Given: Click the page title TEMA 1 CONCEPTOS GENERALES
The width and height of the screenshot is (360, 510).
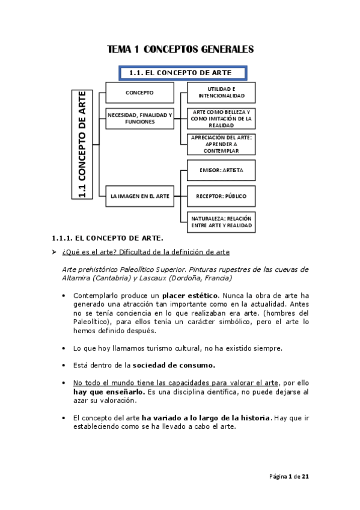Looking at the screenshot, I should click(180, 49).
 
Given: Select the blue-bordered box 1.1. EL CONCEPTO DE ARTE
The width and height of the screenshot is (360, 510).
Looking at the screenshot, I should click(185, 73).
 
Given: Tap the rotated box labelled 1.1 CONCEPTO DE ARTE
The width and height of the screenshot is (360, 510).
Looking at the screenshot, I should click(82, 144).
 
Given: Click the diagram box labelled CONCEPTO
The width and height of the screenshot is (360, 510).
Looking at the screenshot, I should click(139, 93).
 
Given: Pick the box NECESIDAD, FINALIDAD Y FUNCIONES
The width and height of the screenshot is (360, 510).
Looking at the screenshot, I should click(139, 118).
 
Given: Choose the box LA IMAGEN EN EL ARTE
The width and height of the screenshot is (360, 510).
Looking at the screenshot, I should click(139, 196).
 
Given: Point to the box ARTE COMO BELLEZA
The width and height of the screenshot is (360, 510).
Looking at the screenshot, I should click(221, 118).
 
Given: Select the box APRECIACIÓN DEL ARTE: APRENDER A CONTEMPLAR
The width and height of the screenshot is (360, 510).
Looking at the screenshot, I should click(221, 144).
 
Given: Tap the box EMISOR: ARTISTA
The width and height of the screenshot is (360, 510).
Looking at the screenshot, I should click(221, 170).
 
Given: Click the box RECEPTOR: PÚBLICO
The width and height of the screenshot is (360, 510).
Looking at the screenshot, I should click(221, 196).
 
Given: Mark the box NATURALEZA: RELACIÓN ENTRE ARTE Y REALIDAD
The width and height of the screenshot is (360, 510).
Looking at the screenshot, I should click(221, 221).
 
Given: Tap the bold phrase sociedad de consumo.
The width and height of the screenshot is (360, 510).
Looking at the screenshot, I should click(174, 365).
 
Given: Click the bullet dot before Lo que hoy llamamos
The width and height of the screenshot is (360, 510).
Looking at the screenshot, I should click(64, 348).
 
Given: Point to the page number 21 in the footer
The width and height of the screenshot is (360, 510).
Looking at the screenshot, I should click(305, 476).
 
